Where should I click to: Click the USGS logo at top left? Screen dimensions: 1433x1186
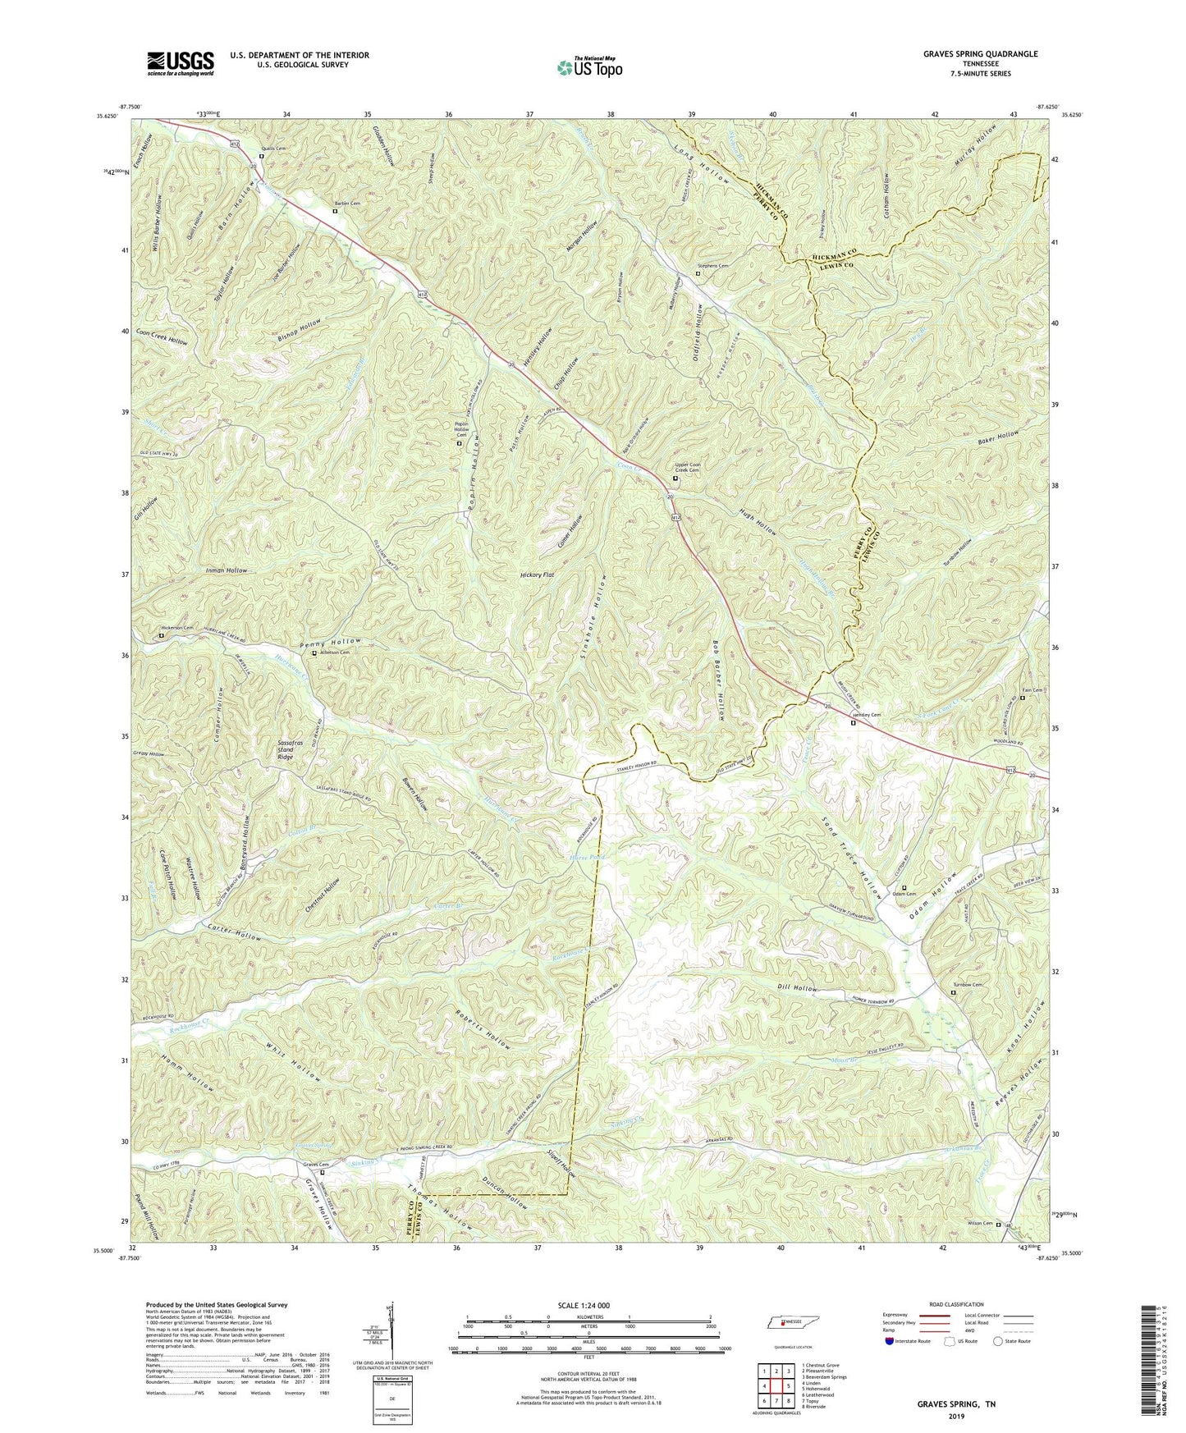(181, 63)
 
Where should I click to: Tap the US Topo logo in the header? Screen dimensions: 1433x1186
(588, 67)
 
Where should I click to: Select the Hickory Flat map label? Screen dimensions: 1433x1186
(538, 575)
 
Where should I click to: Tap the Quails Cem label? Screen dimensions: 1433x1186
(273, 149)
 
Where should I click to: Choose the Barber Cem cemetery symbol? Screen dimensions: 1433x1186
(334, 211)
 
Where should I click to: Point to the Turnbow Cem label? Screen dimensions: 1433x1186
(967, 985)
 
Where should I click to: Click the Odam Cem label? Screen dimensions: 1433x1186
(916, 894)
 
